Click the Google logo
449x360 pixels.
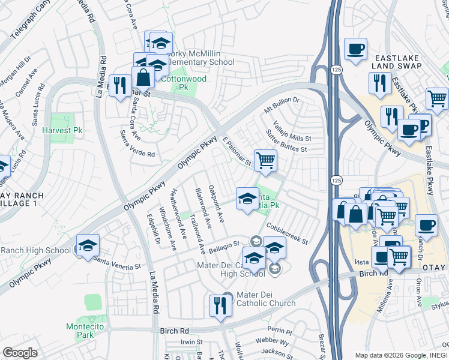coord(20,353)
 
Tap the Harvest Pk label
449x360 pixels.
coord(62,130)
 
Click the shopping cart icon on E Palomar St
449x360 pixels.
coord(265,160)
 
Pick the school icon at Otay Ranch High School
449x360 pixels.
coord(88,245)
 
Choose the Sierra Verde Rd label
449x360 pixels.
coord(137,145)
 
